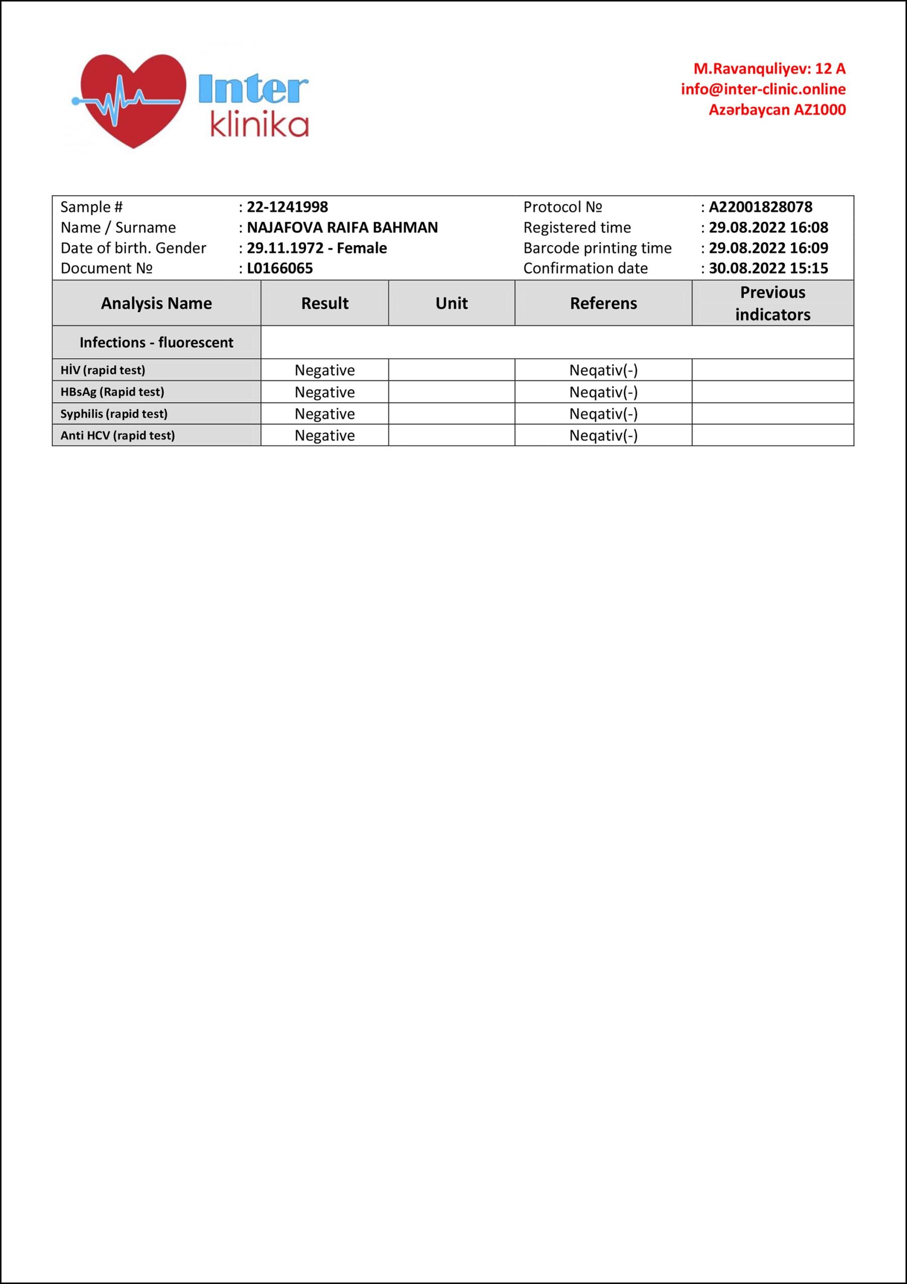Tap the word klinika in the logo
coord(259,126)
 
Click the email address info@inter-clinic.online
coord(763,89)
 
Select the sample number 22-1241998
coord(287,207)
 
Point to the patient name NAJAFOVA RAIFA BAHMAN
coord(342,228)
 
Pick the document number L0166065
coord(280,268)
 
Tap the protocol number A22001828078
coord(760,207)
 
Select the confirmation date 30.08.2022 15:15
coord(768,268)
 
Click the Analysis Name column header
coord(156,303)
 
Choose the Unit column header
coord(451,303)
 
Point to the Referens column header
coord(603,303)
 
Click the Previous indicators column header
coord(772,303)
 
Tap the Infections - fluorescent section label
coord(156,342)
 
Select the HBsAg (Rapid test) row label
coord(112,392)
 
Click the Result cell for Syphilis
coord(324,414)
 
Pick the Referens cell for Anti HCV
coord(603,436)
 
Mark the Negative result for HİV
coord(324,370)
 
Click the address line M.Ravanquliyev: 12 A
coord(770,69)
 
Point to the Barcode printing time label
coord(597,248)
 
